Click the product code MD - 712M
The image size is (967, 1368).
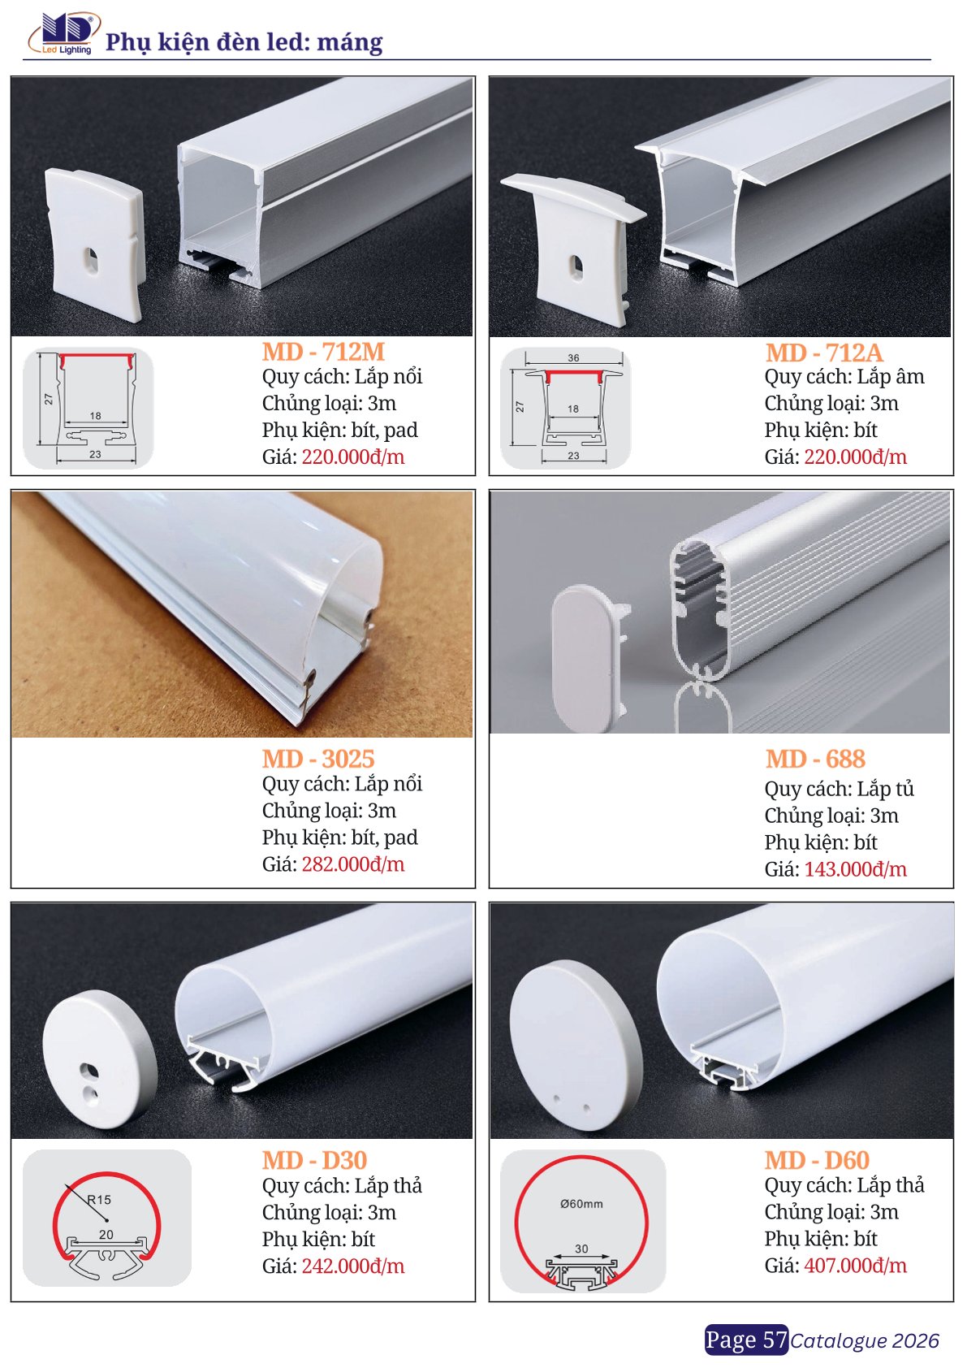(324, 353)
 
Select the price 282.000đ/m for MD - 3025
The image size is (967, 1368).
(353, 864)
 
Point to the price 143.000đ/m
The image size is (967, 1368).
(855, 869)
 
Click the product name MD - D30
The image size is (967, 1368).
(314, 1160)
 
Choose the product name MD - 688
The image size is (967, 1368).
(815, 759)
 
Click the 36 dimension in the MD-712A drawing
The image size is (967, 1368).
(573, 358)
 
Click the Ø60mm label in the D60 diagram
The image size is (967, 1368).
(581, 1204)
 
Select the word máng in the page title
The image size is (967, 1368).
(350, 43)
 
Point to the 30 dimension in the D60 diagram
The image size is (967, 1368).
(581, 1249)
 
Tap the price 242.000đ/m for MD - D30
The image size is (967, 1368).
(353, 1266)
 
